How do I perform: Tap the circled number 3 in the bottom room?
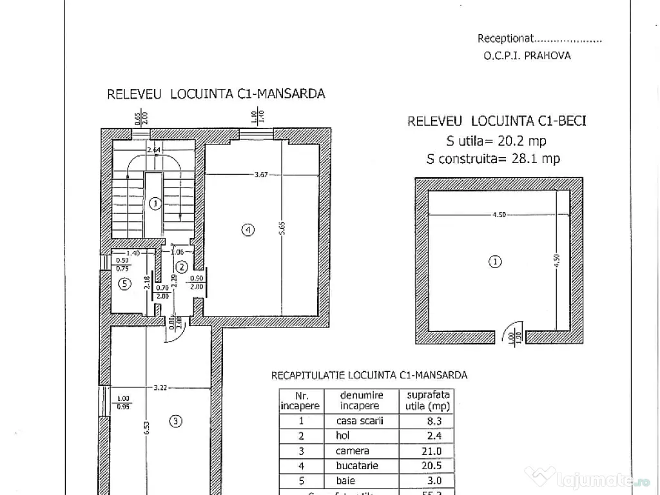(x=176, y=422)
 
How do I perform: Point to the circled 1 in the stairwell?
(x=154, y=204)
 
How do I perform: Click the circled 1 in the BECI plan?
(x=494, y=262)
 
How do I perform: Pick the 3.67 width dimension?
(x=261, y=174)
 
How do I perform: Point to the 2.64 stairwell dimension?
(x=153, y=150)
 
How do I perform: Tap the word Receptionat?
(x=505, y=39)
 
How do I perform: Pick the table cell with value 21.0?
(x=426, y=451)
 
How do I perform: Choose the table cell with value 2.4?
(x=426, y=436)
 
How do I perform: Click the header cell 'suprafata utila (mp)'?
(x=426, y=400)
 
